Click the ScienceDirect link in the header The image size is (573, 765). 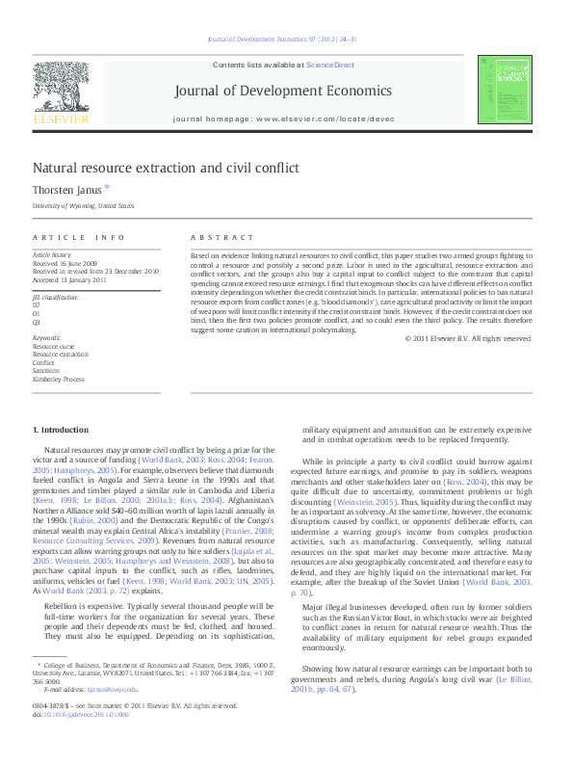point(329,66)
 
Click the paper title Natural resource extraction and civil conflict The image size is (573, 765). point(167,168)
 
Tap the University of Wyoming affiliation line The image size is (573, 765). point(84,206)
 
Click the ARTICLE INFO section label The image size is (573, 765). point(79,237)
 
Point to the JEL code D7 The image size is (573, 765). point(37,305)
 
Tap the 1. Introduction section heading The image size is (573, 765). point(61,429)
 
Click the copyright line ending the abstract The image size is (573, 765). point(468,338)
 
